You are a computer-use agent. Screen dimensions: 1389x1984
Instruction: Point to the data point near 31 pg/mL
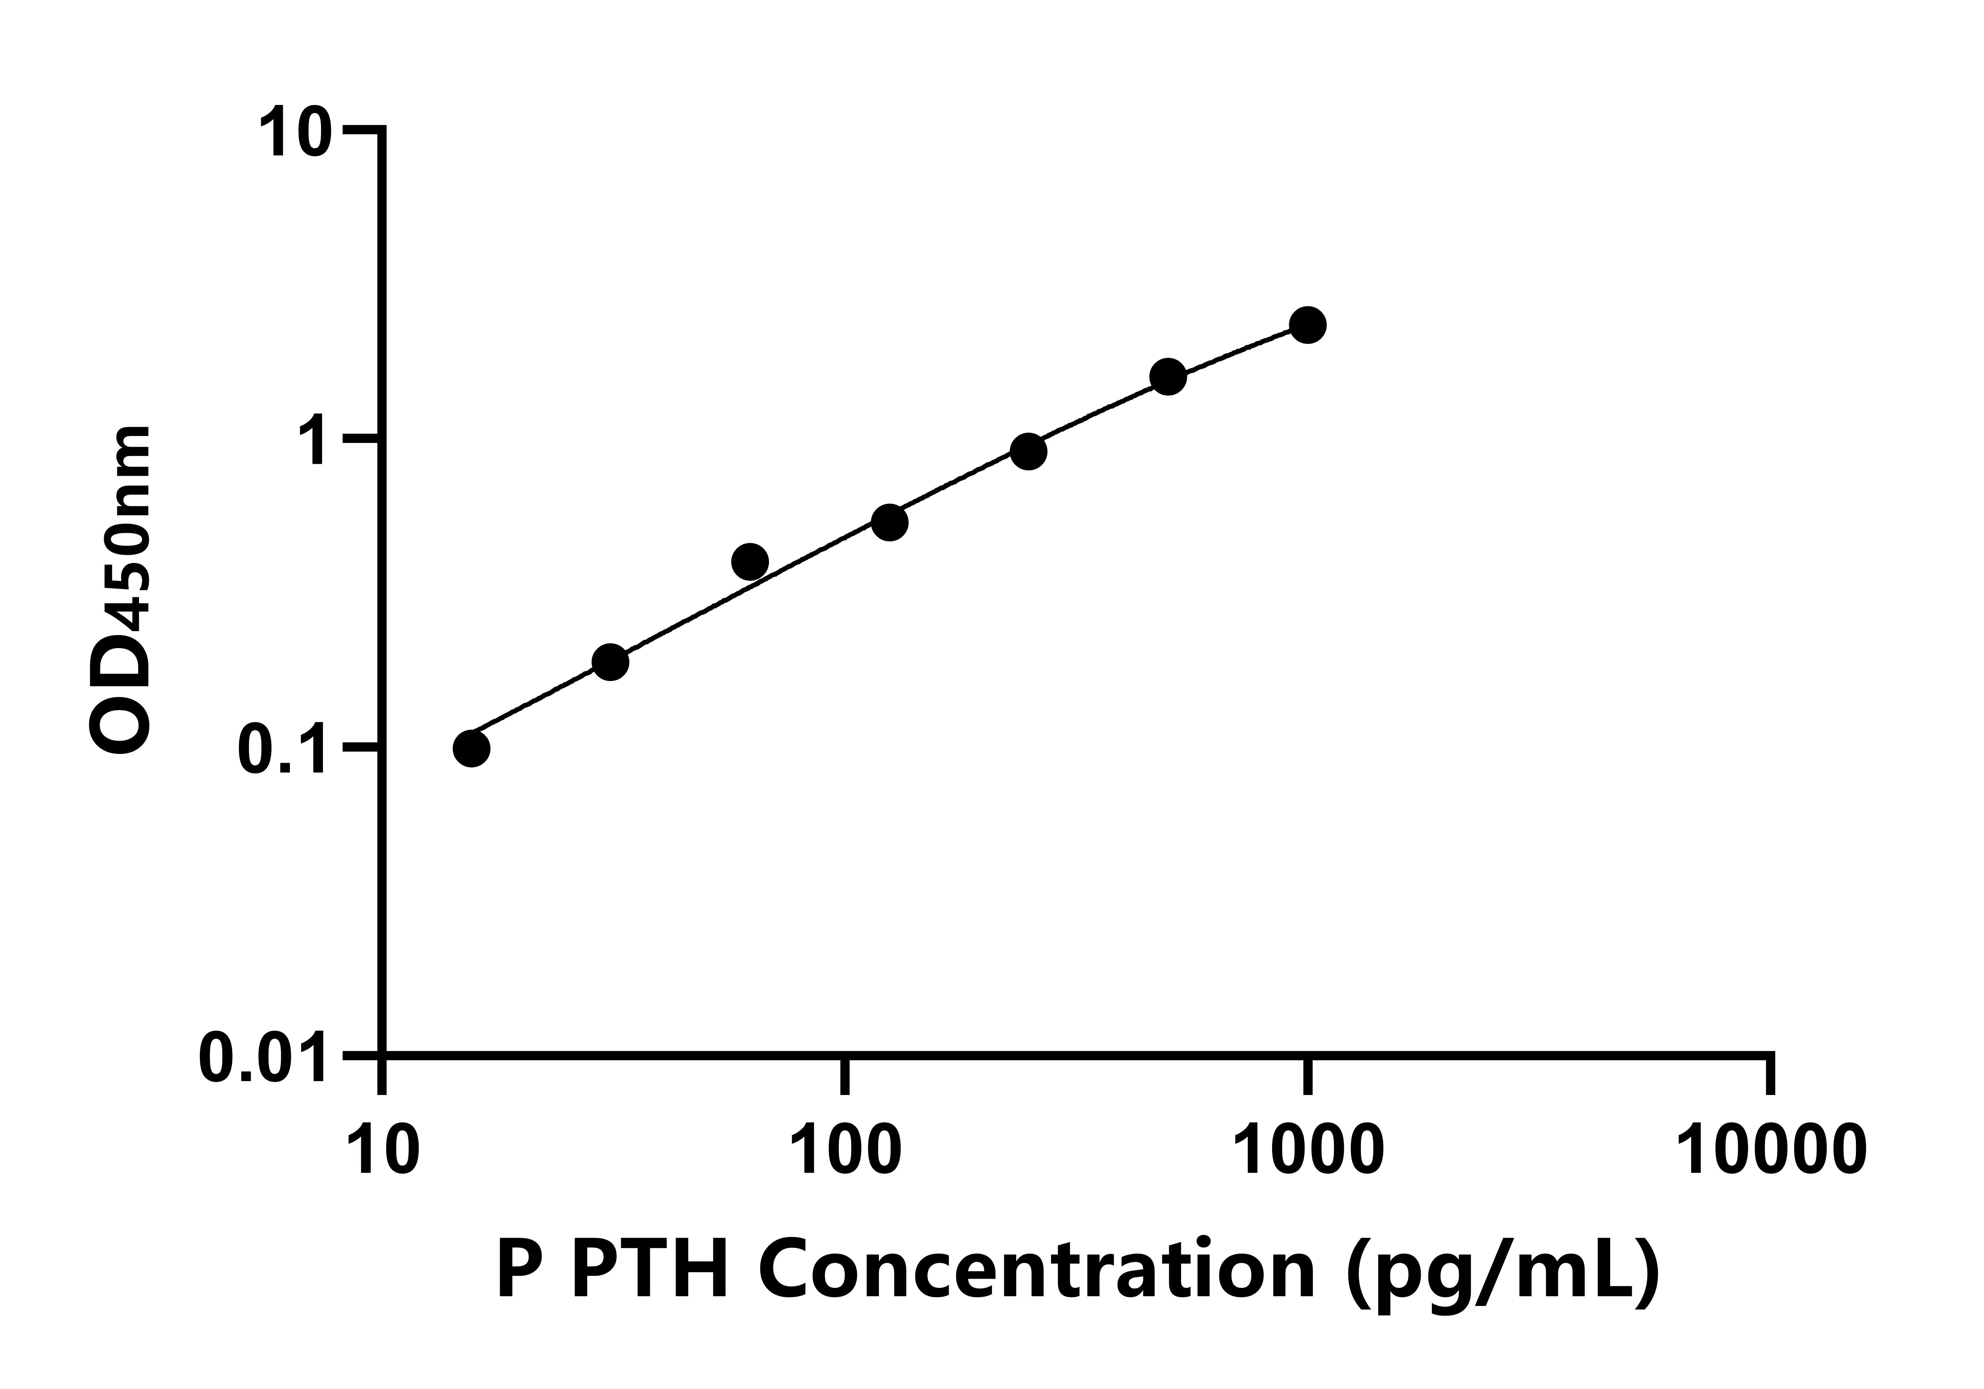coord(610,662)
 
